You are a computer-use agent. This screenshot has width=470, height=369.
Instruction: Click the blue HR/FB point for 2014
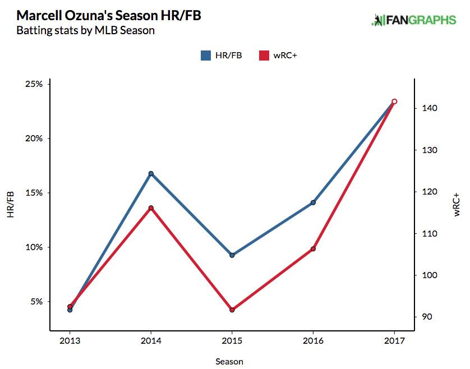click(151, 174)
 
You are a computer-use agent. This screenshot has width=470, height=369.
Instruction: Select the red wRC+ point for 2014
click(151, 208)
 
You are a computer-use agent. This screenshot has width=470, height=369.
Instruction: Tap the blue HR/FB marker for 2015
click(232, 255)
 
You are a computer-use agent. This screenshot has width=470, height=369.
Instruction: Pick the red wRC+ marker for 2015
click(232, 310)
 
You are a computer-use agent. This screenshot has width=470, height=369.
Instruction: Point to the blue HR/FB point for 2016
click(313, 202)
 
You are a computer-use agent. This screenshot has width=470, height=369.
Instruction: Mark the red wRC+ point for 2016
click(313, 248)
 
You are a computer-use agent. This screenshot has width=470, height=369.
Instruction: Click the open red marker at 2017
click(394, 102)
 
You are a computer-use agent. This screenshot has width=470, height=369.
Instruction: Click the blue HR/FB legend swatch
click(206, 55)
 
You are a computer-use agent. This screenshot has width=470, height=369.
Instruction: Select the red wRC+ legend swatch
click(264, 55)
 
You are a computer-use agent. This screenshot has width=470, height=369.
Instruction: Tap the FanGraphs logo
click(414, 20)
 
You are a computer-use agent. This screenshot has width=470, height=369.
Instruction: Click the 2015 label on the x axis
click(232, 341)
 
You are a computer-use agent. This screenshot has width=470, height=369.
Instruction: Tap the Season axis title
click(229, 362)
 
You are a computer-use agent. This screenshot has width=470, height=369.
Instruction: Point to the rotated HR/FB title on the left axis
click(10, 205)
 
